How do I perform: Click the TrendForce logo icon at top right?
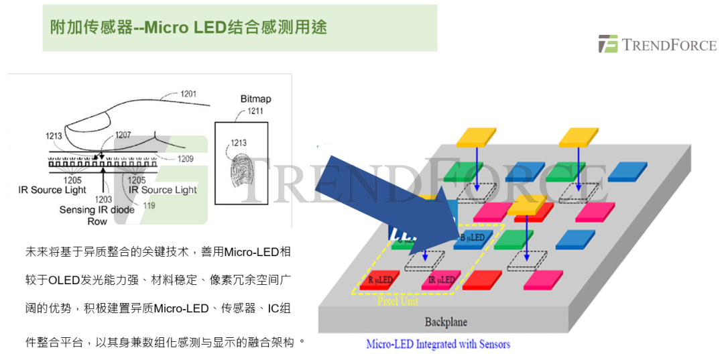click(609, 44)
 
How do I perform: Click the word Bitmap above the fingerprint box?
click(255, 99)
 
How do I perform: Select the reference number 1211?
click(255, 111)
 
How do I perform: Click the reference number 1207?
click(123, 135)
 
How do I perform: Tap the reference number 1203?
click(103, 199)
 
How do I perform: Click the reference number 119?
click(149, 205)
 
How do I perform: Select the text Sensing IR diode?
click(97, 210)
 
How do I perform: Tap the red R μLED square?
click(379, 280)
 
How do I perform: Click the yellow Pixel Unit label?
click(398, 301)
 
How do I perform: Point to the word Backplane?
click(446, 322)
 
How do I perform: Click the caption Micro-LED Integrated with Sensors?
click(438, 345)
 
